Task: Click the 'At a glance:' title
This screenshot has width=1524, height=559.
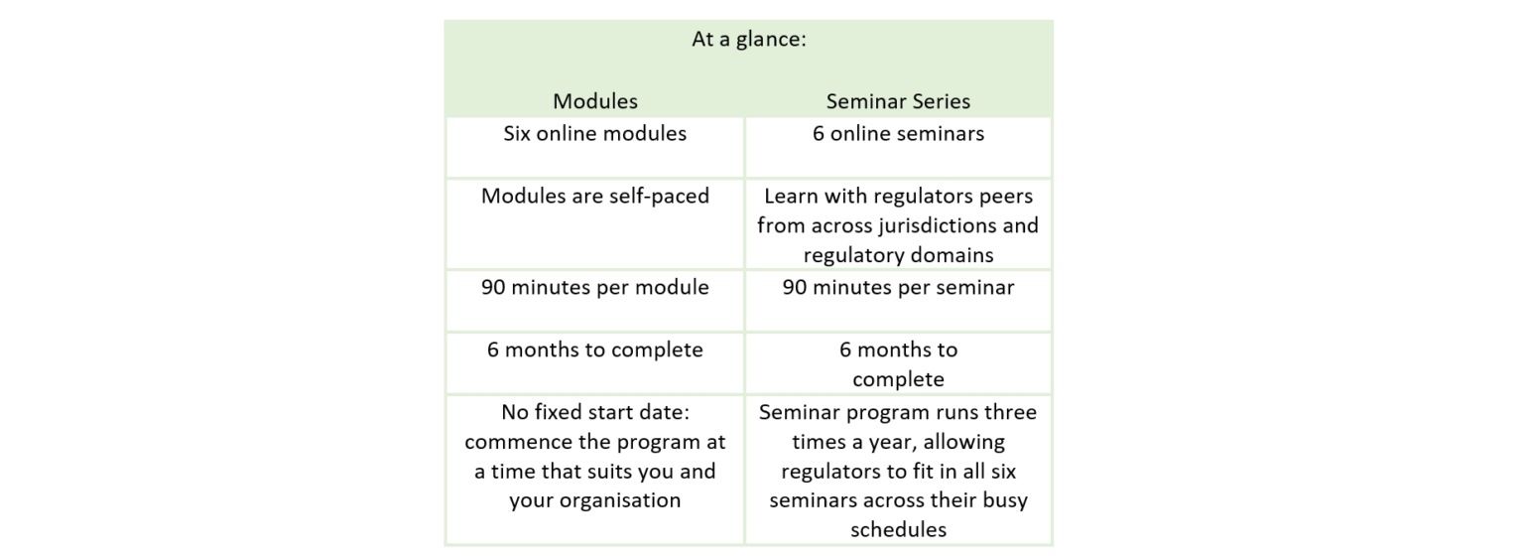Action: (749, 41)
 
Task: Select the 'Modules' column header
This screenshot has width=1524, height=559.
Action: (595, 101)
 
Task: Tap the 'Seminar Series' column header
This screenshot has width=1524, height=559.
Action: (898, 101)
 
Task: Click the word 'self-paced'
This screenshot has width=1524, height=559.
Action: (659, 196)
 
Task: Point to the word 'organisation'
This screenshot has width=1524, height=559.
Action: (623, 500)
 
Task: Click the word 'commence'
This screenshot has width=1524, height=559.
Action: (517, 442)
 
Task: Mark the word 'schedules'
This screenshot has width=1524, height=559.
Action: (898, 530)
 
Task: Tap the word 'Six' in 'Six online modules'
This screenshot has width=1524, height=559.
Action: (518, 134)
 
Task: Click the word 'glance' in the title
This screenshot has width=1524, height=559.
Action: (770, 41)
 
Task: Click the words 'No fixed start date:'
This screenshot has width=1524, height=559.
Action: (595, 412)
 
